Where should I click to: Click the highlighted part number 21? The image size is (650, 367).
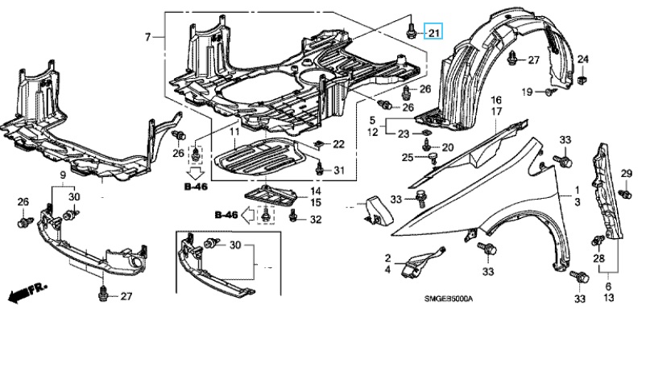coord(434,33)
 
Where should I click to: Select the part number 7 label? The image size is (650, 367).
coord(148,37)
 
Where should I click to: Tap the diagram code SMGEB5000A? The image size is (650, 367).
coord(449,299)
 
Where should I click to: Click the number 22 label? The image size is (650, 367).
coord(338,144)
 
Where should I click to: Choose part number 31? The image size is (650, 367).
coord(338,170)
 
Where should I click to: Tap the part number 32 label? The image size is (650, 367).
coord(316,219)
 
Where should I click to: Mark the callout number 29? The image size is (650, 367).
coord(626,175)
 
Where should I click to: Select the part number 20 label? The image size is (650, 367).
coord(449,146)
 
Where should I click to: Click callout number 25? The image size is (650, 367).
coord(408,156)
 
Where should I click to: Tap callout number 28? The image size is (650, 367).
coord(598,258)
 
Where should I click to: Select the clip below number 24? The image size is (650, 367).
coord(583,79)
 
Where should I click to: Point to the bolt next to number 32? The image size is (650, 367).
coord(293,216)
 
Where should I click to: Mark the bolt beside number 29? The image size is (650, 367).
coord(625,192)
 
